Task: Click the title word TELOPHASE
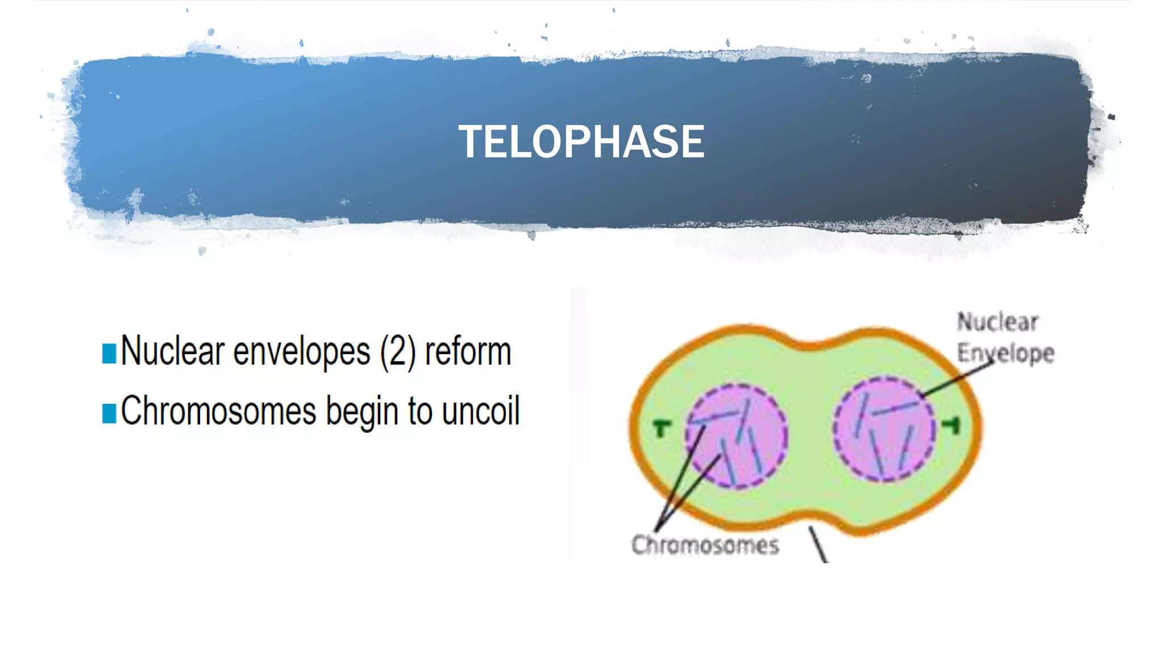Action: pos(581,142)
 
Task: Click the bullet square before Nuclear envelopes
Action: pos(109,353)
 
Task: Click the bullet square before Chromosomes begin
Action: pos(109,413)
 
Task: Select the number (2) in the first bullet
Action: pos(398,352)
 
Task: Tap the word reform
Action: pos(468,352)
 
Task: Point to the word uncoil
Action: pos(480,411)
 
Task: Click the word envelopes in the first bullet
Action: pos(301,352)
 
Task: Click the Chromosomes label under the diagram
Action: pos(705,545)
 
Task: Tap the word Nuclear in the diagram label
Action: pos(997,322)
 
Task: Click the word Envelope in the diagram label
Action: pos(1005,353)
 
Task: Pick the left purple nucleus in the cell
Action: pos(737,436)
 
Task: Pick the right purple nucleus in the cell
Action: pos(884,429)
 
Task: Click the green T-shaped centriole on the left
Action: pos(662,427)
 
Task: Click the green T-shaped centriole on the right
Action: pos(952,425)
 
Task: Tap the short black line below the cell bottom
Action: pos(818,545)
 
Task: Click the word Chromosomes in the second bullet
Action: pos(218,411)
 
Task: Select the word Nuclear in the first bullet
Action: pos(173,352)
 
